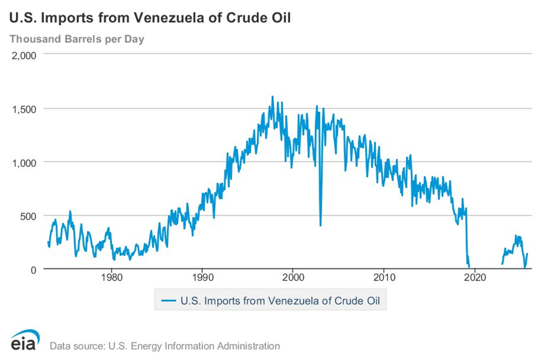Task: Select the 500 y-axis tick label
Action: point(29,216)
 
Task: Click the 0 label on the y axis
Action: point(34,269)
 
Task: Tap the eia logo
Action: point(24,340)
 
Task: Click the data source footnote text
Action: point(165,346)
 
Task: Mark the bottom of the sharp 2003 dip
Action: point(320,225)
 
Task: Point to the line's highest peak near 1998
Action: point(273,97)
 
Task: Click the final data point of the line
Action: point(527,254)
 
